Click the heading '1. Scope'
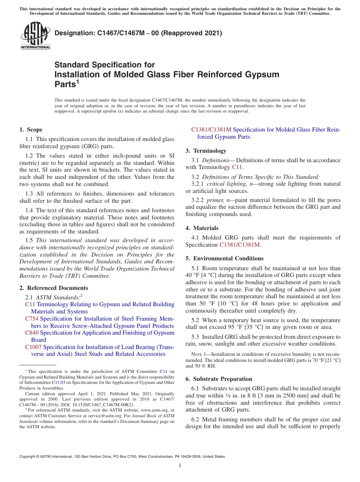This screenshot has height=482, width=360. (31, 130)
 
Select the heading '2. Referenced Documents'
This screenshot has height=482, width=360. (54, 288)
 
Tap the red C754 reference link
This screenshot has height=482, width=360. (32, 319)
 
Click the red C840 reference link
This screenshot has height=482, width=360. (32, 333)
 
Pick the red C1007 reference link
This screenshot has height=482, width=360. (33, 347)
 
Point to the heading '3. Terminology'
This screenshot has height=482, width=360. (206, 151)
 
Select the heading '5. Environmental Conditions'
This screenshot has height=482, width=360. (224, 258)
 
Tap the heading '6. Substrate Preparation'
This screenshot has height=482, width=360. (219, 379)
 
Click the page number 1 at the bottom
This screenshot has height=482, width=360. (180, 466)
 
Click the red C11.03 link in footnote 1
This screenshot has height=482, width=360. (58, 382)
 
